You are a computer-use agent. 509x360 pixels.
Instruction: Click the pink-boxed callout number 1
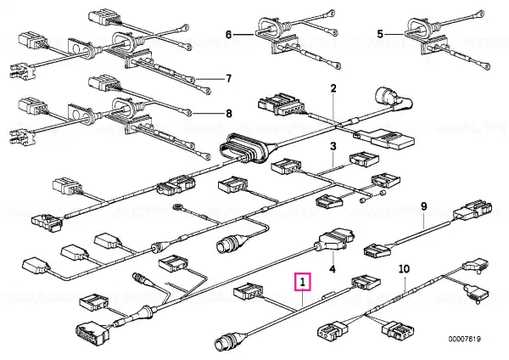point(303,281)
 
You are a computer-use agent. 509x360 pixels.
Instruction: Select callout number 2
point(333,89)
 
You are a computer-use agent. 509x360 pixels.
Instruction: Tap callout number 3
point(333,147)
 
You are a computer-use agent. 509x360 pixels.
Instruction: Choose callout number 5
point(381,33)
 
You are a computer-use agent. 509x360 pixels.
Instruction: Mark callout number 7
point(227,79)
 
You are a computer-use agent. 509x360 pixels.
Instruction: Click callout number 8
point(227,112)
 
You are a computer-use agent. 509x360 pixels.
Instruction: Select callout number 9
point(424,206)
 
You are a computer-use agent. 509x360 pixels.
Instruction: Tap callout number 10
point(404,269)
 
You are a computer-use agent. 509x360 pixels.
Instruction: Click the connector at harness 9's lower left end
point(377,250)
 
